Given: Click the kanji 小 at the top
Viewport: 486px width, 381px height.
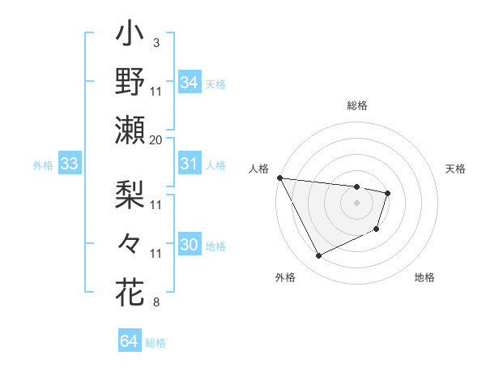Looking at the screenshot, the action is [x=130, y=36].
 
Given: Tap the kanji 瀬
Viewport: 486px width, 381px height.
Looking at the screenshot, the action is [x=130, y=130].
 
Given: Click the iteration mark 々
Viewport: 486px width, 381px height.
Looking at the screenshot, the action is [x=130, y=242].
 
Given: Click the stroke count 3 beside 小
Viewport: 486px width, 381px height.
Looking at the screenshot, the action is [x=156, y=41].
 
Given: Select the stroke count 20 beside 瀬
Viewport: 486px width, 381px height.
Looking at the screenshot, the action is [x=156, y=139].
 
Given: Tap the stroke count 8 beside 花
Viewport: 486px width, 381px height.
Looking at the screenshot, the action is [x=156, y=303].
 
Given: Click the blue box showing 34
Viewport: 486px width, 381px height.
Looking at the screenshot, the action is [x=189, y=82].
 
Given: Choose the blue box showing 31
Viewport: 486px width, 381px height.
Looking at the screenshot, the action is [x=189, y=164].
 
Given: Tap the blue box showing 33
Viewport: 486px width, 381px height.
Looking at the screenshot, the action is [x=69, y=165].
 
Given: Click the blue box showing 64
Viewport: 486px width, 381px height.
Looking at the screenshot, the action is [x=129, y=341].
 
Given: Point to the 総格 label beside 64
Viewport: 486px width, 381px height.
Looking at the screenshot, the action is [x=156, y=343].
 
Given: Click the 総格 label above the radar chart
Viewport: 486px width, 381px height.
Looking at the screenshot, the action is [x=356, y=105].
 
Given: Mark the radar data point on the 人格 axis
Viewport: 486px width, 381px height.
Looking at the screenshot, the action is [x=279, y=178].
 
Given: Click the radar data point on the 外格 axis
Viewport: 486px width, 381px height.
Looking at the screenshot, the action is [x=318, y=256].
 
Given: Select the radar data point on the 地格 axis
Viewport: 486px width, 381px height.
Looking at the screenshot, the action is [x=377, y=230].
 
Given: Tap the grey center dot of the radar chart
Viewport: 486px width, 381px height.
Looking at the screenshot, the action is [x=356, y=203].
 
